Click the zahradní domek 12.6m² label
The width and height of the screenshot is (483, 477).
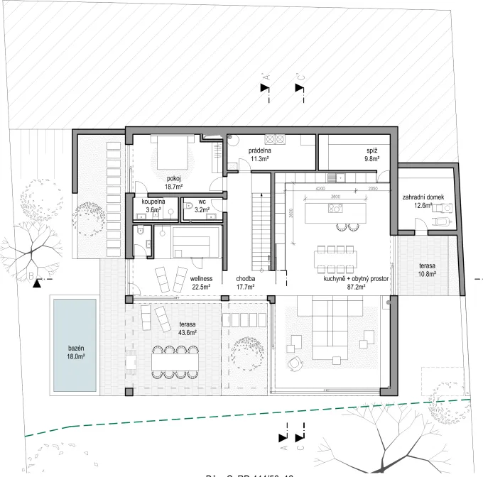coord(423,201)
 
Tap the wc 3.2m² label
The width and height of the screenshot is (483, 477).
coord(202,206)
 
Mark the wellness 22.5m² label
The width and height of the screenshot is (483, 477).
coord(204,283)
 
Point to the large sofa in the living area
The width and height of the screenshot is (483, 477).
coord(327,328)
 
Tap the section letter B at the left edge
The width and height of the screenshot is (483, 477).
coord(32,273)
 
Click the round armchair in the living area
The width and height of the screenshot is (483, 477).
coord(293,364)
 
